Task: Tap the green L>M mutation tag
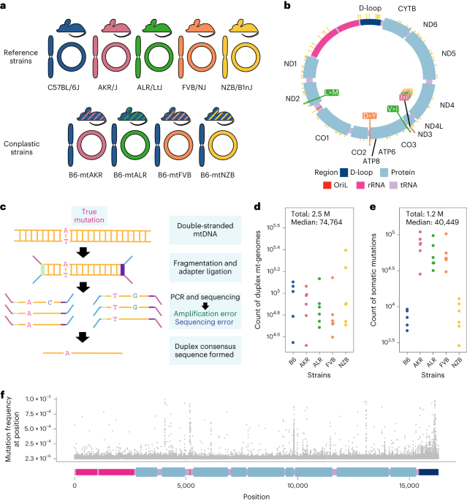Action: pyautogui.click(x=332, y=92)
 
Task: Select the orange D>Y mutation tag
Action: pyautogui.click(x=371, y=116)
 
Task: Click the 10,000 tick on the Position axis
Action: pyautogui.click(x=297, y=484)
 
